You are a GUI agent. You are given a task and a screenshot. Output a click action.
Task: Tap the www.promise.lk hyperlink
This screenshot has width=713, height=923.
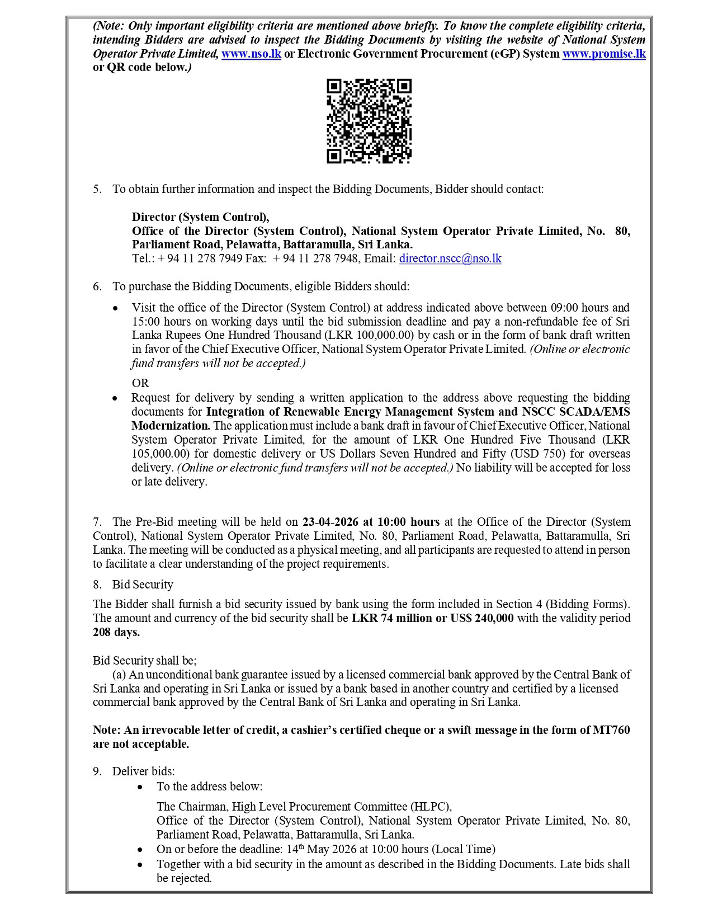click(603, 54)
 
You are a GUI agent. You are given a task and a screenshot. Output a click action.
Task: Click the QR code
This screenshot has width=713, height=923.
click(369, 121)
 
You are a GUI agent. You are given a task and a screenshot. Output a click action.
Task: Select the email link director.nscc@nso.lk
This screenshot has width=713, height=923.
click(450, 258)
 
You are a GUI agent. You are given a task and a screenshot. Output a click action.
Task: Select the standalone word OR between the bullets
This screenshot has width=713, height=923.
click(140, 383)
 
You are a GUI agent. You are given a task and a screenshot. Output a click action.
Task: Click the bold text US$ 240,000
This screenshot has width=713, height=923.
click(481, 618)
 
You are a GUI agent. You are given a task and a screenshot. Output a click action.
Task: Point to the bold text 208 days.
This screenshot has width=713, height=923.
click(116, 632)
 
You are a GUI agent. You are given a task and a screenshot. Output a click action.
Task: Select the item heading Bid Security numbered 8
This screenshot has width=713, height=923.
click(143, 585)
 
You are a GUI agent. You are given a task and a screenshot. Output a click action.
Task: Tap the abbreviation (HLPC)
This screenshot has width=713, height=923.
click(431, 807)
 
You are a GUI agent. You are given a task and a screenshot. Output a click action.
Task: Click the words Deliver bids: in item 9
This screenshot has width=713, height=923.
click(143, 771)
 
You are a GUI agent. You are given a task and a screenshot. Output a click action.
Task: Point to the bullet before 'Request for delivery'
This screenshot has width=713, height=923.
click(115, 398)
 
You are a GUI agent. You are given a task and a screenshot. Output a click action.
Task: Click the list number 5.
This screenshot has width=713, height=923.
click(97, 189)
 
